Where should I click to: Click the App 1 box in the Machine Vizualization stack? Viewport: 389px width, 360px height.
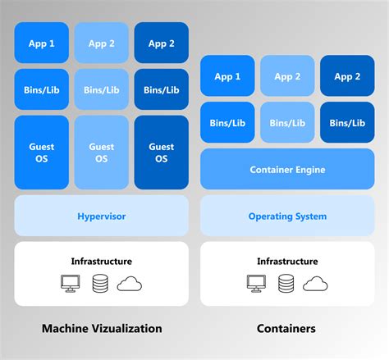[42, 43]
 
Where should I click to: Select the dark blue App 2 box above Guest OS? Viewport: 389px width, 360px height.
[161, 43]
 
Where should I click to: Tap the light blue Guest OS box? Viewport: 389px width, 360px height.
[102, 153]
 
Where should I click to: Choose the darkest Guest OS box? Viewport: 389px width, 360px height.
[161, 153]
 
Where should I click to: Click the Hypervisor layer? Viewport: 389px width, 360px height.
[101, 216]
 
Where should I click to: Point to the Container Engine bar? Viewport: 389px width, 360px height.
[287, 170]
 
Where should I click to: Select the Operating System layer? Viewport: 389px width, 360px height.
[287, 216]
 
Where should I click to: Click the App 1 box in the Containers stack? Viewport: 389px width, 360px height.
[228, 76]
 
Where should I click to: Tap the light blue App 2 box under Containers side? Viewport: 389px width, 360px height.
[287, 76]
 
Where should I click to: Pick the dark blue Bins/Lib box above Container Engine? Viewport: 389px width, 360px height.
[347, 122]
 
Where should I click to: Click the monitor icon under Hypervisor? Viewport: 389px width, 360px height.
[71, 284]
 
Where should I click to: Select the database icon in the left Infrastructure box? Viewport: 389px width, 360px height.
[100, 284]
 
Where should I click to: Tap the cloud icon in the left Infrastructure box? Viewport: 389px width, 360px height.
[130, 284]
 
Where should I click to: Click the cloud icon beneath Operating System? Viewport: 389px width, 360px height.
[315, 284]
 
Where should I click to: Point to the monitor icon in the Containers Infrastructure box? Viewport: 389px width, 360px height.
[257, 284]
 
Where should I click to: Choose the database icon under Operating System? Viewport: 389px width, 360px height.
[286, 284]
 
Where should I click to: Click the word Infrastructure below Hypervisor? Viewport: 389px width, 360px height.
[101, 261]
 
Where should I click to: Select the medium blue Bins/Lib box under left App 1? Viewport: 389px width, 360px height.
[42, 89]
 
